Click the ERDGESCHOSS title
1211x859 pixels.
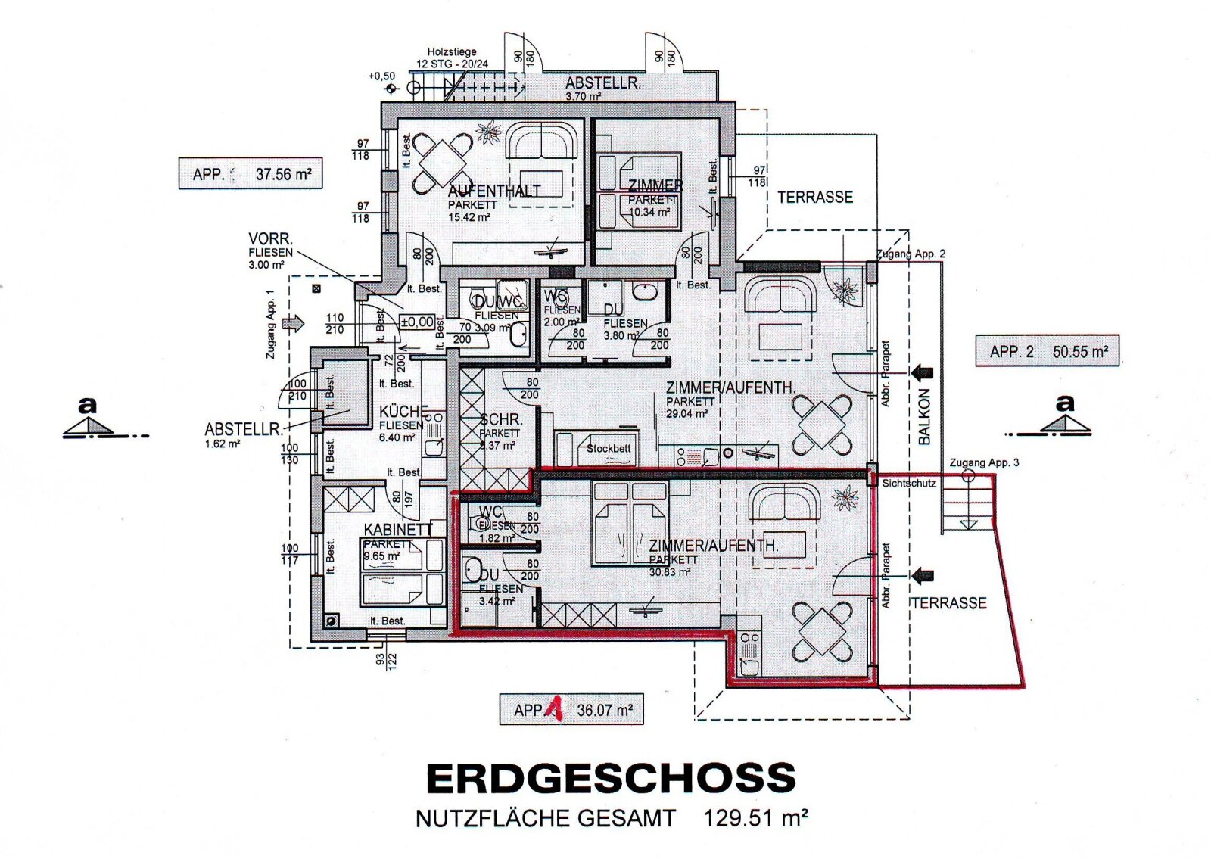(x=611, y=779)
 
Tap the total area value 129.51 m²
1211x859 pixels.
(x=755, y=819)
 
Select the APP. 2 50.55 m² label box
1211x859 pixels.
(x=1047, y=352)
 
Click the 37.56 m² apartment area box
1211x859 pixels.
(x=251, y=174)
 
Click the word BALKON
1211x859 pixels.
(x=924, y=417)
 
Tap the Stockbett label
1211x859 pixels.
(x=609, y=448)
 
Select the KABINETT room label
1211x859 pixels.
(x=398, y=530)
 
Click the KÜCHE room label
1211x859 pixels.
(x=403, y=412)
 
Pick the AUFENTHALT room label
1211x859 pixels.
(x=493, y=191)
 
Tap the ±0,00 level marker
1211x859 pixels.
(x=417, y=322)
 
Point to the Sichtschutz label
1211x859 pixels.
(x=908, y=483)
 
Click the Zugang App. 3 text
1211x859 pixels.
(x=984, y=462)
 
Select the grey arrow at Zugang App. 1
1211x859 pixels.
(x=293, y=324)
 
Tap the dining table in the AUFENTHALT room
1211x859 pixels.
(x=443, y=163)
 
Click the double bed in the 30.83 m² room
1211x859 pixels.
(x=630, y=524)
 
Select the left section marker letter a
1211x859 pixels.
(x=88, y=406)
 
